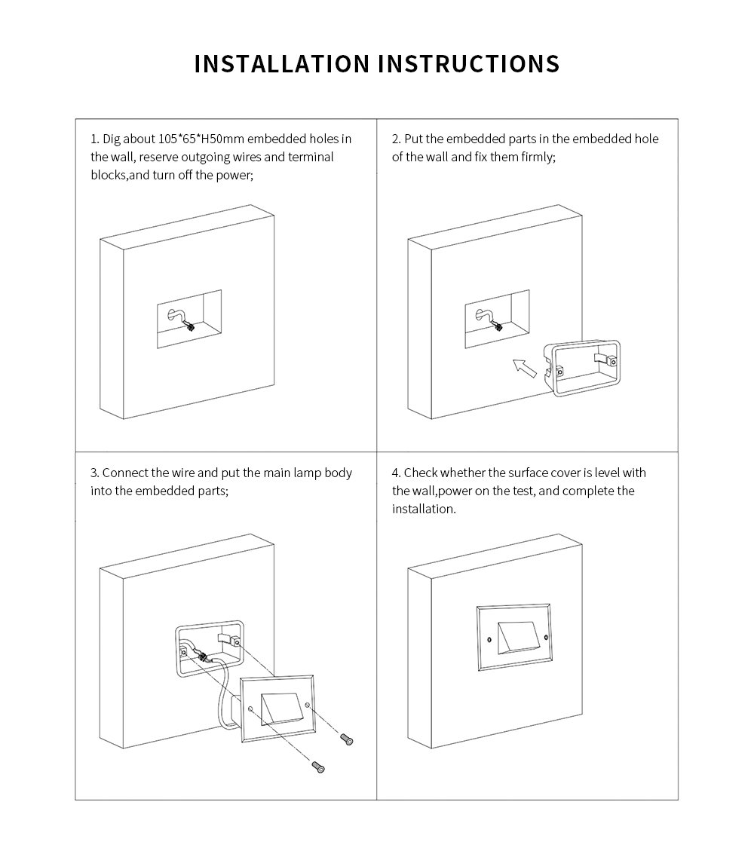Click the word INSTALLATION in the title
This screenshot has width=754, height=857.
pos(282,63)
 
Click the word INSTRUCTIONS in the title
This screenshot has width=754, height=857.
pos(469,63)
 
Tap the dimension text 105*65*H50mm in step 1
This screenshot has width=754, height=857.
pos(201,139)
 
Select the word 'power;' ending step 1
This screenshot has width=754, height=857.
pos(234,176)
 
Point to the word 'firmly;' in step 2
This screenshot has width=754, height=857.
pos(536,158)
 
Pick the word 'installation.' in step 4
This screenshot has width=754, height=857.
pos(424,509)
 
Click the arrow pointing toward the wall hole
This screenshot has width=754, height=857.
pos(525,368)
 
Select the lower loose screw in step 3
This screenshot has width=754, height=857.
pos(317,767)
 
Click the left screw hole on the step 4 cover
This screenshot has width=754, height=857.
pos(489,640)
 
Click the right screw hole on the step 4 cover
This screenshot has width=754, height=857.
pos(546,637)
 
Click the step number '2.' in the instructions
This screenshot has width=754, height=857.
pos(397,139)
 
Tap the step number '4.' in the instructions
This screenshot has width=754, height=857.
pos(397,473)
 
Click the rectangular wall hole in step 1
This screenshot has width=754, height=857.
pos(189,319)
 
